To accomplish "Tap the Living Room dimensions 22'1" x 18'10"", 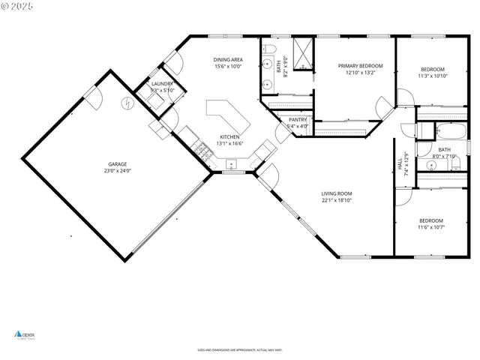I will [337, 200].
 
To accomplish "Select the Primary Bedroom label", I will [355, 65].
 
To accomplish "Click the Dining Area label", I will [229, 59].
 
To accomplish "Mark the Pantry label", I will [298, 119].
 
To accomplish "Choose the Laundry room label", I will [162, 84].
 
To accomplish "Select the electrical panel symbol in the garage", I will [129, 103].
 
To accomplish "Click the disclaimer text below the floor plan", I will [239, 350].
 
